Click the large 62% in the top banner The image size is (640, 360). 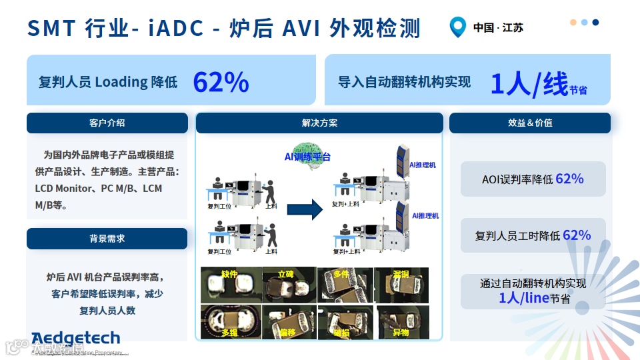pyautogui.click(x=221, y=82)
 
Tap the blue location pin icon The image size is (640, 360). pyautogui.click(x=457, y=27)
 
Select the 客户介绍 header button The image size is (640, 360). pyautogui.click(x=107, y=123)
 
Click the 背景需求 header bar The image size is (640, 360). pyautogui.click(x=107, y=238)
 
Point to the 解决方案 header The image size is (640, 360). pyautogui.click(x=319, y=123)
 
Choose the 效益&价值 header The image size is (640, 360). pyautogui.click(x=530, y=123)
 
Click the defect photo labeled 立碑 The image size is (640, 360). pyautogui.click(x=287, y=284)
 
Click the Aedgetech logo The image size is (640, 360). pyautogui.click(x=75, y=338)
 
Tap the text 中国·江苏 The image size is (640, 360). pyautogui.click(x=498, y=28)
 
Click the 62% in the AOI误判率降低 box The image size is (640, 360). pyautogui.click(x=569, y=179)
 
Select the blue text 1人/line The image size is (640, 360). pyautogui.click(x=524, y=297)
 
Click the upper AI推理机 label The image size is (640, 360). pyautogui.click(x=423, y=164)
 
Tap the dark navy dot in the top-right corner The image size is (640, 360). pyautogui.click(x=595, y=22)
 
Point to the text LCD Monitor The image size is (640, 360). pyautogui.click(x=65, y=189)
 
